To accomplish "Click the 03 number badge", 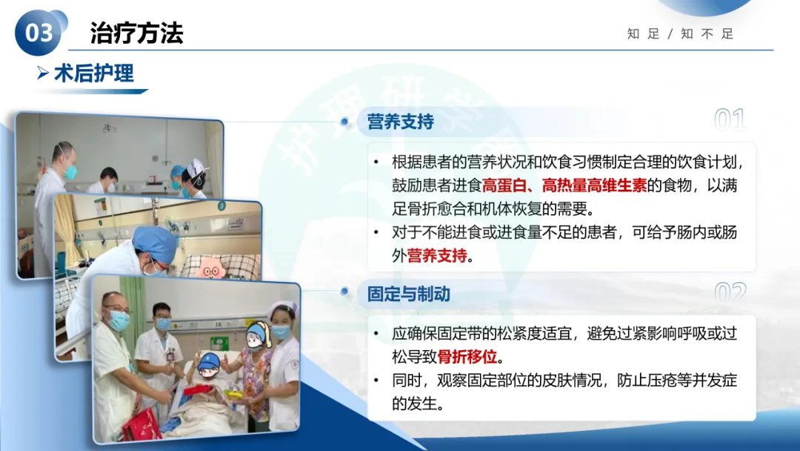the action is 39,33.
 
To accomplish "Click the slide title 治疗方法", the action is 137,33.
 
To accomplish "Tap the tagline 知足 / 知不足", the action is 680,33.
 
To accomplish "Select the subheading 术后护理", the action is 94,73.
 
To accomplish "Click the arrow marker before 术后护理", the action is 43,73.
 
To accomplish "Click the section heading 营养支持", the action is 401,122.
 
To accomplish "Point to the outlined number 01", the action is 730,119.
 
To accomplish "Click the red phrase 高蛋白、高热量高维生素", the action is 564,185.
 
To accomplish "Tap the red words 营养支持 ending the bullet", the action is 437,255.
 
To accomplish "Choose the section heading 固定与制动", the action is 409,294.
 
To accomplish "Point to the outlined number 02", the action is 730,292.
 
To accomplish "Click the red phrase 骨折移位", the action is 467,357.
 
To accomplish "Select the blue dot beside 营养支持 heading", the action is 344,122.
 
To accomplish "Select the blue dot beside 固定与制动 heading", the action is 344,292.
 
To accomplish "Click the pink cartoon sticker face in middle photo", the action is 211,269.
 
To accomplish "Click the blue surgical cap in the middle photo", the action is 155,243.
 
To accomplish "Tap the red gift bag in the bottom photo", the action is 141,426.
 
